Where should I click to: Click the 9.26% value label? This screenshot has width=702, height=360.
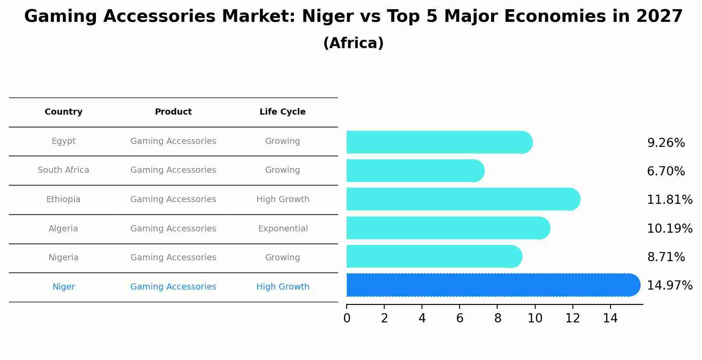[666, 143]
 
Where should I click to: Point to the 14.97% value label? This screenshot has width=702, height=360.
[669, 286]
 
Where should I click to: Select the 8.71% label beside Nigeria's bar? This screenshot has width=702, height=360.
[666, 257]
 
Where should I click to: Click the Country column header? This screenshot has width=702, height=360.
[63, 112]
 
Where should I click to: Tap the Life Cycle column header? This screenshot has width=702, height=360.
[282, 112]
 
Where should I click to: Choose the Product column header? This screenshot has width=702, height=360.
[173, 112]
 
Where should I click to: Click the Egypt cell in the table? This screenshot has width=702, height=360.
[63, 141]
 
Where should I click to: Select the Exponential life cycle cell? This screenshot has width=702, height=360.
[283, 229]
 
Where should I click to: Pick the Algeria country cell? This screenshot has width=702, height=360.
[63, 229]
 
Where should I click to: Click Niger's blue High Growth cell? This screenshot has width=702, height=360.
[283, 287]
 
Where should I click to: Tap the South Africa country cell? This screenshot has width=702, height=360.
[63, 170]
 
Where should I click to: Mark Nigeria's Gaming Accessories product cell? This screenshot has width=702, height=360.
[173, 258]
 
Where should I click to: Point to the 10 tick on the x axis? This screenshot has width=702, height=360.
[535, 318]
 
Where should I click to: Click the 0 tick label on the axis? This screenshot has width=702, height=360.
[347, 318]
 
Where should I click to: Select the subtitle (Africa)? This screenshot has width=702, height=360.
[353, 43]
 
